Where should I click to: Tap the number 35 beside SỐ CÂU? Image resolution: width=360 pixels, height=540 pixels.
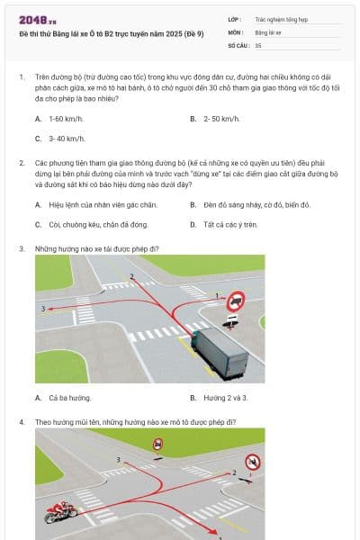click(x=258, y=43)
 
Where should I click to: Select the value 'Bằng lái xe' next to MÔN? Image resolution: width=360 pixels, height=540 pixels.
click(x=268, y=31)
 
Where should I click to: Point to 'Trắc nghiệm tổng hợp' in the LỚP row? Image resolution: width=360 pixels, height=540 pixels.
click(x=280, y=18)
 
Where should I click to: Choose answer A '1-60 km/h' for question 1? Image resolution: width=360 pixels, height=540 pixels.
click(x=58, y=119)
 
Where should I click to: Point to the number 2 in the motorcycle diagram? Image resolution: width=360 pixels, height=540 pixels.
click(x=235, y=472)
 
